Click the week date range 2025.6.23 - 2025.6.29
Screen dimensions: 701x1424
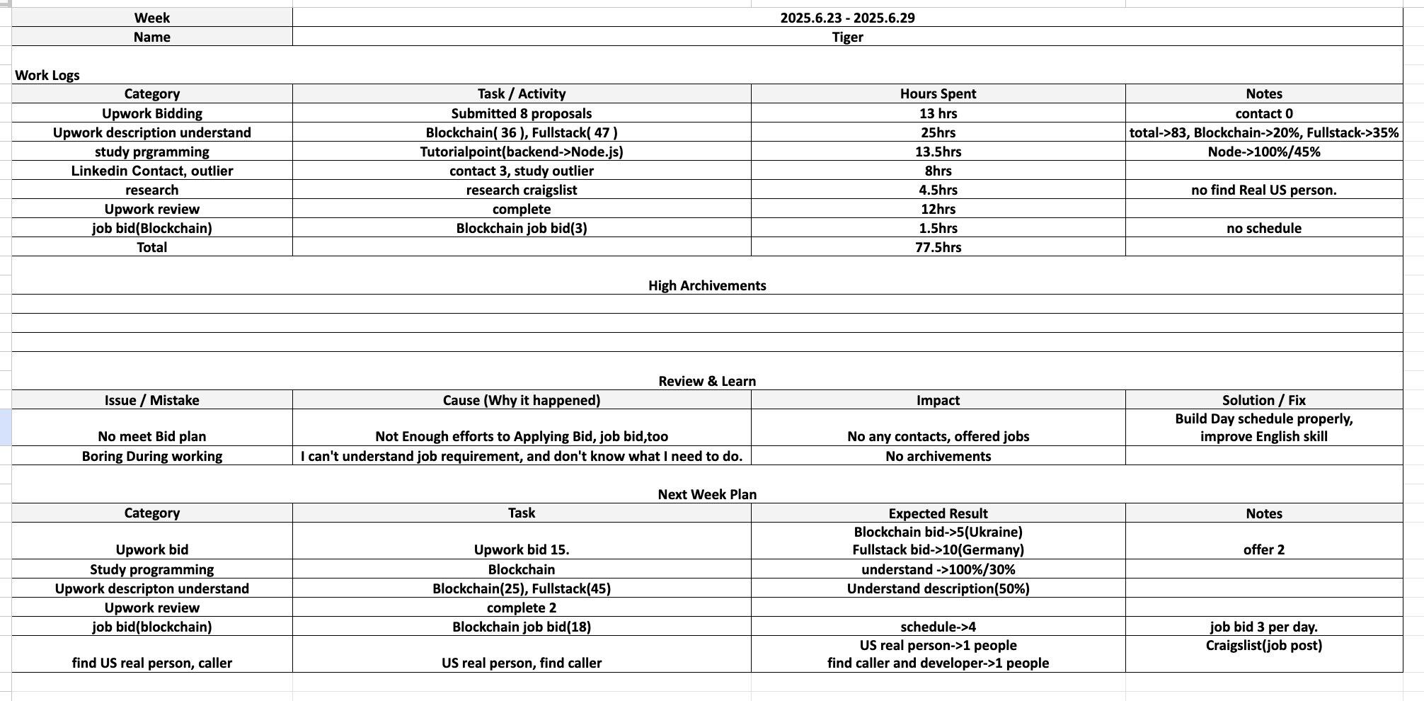[x=847, y=18]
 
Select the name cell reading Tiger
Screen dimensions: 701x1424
[x=847, y=37]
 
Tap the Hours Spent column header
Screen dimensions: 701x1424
[x=938, y=93]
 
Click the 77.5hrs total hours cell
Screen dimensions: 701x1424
[x=938, y=247]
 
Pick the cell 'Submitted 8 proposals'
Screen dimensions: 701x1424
[x=522, y=113]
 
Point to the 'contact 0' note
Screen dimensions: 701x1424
[x=1263, y=113]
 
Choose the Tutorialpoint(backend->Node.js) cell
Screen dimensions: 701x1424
[x=522, y=152]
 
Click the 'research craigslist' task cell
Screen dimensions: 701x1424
[x=522, y=190]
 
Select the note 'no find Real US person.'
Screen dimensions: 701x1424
[x=1263, y=190]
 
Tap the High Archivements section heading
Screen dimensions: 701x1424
[x=707, y=285]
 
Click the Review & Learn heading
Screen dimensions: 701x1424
[x=707, y=381]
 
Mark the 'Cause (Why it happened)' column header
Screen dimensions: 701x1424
[x=522, y=400]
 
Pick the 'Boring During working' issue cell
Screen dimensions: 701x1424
[x=152, y=456]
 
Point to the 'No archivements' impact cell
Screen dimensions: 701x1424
[x=938, y=456]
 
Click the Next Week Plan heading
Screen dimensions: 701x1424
[x=707, y=494]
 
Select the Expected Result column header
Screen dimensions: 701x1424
[x=938, y=513]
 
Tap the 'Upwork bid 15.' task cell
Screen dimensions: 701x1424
[x=522, y=549]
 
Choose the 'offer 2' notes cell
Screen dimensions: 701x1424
[x=1263, y=549]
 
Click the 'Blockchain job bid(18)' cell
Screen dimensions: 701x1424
[x=522, y=627]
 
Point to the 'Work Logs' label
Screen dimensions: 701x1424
[x=47, y=75]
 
